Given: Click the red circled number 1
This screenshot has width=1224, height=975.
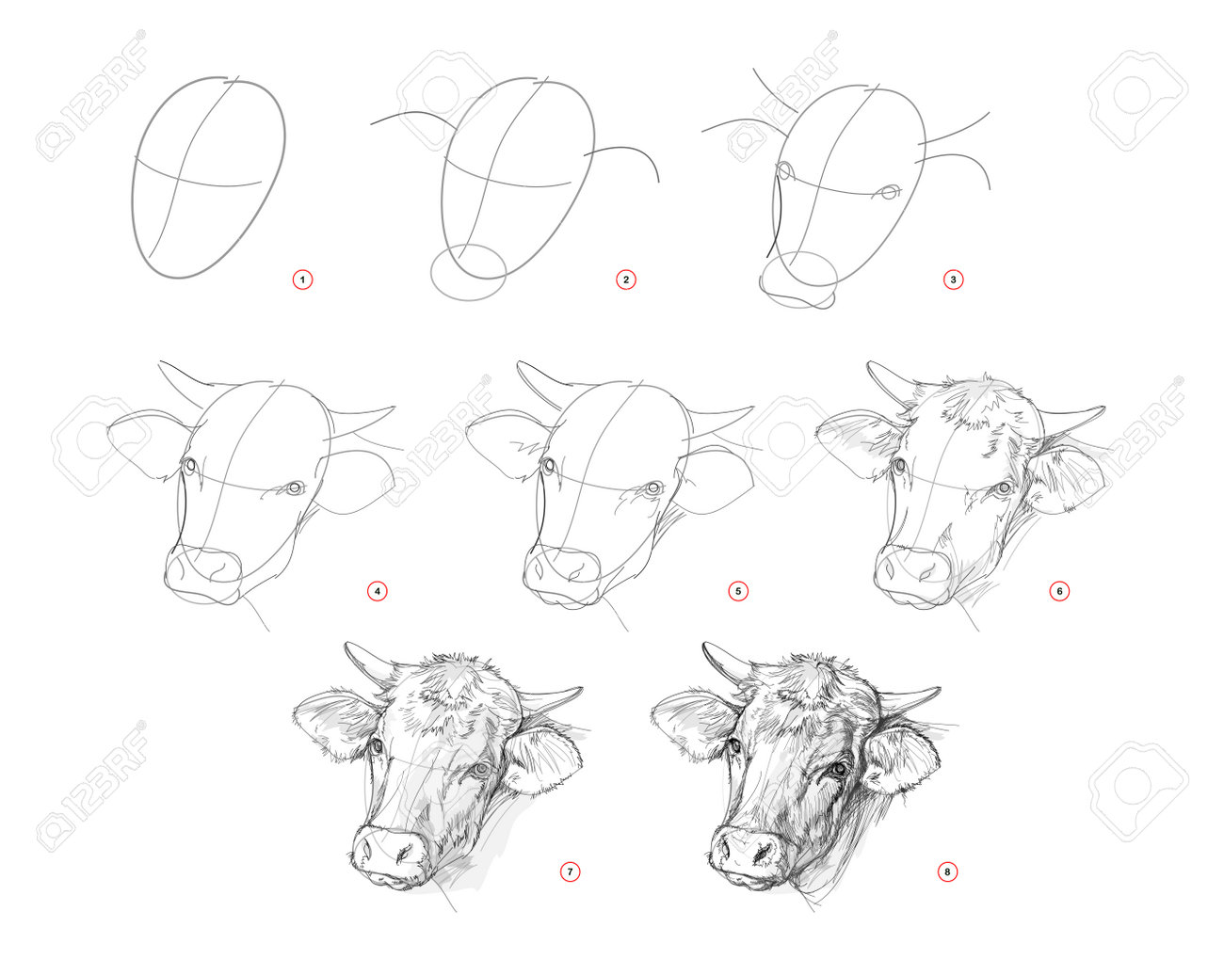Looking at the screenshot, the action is click(x=302, y=280).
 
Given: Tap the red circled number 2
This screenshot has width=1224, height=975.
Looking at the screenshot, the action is click(x=626, y=280).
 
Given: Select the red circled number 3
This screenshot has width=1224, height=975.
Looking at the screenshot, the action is click(x=953, y=280).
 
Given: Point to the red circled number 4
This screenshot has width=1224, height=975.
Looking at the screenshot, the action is click(x=378, y=591).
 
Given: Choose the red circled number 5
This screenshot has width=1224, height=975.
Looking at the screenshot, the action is click(x=738, y=591).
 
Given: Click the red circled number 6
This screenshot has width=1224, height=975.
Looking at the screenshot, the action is click(x=1059, y=591).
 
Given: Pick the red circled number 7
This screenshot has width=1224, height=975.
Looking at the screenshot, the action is click(x=570, y=871).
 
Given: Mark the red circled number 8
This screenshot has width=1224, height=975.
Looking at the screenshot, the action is click(x=947, y=871).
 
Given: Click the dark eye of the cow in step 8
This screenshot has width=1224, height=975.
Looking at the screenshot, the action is click(x=838, y=769).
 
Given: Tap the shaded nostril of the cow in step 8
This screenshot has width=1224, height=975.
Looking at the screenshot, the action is click(x=762, y=853).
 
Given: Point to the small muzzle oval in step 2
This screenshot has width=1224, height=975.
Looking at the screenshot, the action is click(x=468, y=272).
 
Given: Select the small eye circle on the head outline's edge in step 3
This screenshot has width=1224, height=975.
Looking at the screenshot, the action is click(x=784, y=170).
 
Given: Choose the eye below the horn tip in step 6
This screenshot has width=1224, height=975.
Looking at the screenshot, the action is click(x=1005, y=487).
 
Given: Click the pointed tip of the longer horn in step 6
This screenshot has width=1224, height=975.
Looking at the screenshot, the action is click(x=1104, y=408).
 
